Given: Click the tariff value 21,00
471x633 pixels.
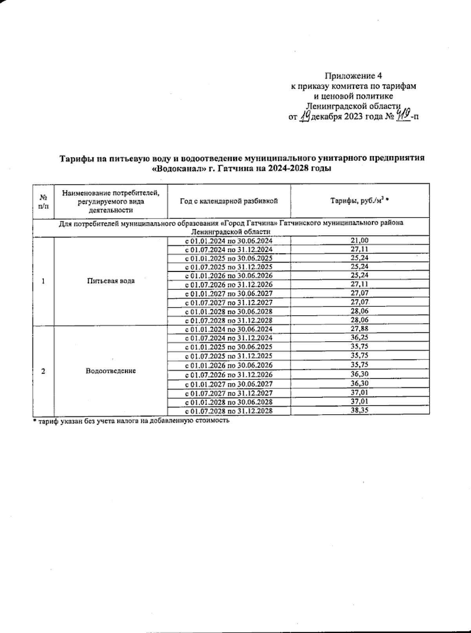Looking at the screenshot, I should (x=360, y=241).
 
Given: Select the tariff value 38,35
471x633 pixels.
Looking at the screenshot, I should (x=360, y=410).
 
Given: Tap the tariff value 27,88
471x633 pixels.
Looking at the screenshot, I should (x=360, y=329).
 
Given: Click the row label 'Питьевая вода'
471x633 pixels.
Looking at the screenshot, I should (x=111, y=281).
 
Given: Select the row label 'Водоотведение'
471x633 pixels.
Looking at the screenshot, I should (x=111, y=370).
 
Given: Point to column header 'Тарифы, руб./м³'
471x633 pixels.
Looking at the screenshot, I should (x=360, y=201).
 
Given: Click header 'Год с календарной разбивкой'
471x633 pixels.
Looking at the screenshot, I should (x=229, y=201).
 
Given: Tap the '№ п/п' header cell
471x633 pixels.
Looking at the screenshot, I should (x=44, y=202).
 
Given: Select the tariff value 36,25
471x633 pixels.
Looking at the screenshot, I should (x=360, y=337).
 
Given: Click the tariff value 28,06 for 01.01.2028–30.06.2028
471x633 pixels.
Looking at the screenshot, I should (x=360, y=311).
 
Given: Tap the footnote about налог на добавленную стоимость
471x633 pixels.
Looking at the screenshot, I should (x=131, y=421).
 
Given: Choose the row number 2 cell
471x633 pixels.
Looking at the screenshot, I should (x=43, y=371).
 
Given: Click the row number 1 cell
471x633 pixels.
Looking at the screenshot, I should (x=43, y=281).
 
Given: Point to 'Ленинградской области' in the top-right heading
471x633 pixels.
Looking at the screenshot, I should (x=353, y=106).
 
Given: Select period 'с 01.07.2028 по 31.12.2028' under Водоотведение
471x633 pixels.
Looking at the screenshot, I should (x=229, y=411).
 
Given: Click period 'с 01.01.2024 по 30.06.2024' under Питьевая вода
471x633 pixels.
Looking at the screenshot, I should (x=229, y=241).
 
